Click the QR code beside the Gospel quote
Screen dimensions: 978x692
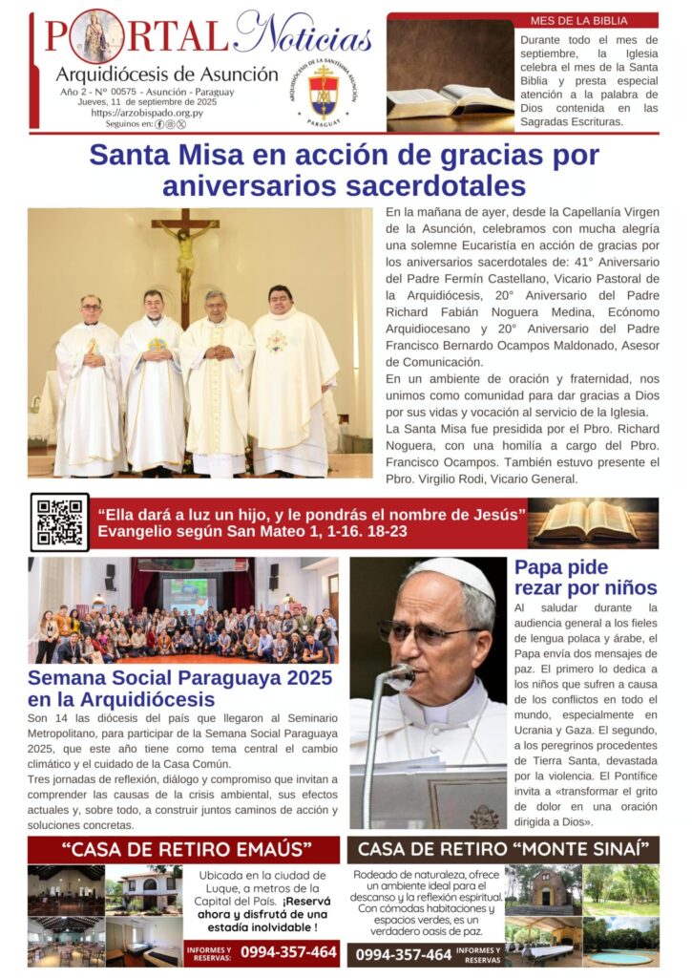[59, 522]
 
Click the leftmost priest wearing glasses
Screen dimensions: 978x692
[89, 382]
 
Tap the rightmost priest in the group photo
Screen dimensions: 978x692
[290, 377]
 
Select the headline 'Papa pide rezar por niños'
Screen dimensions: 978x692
[585, 577]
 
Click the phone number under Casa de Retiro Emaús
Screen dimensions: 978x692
[288, 951]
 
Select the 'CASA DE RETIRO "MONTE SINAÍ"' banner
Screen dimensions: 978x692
[502, 849]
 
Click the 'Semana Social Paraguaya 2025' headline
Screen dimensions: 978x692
[179, 689]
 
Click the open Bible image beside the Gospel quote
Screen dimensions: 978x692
[594, 522]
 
